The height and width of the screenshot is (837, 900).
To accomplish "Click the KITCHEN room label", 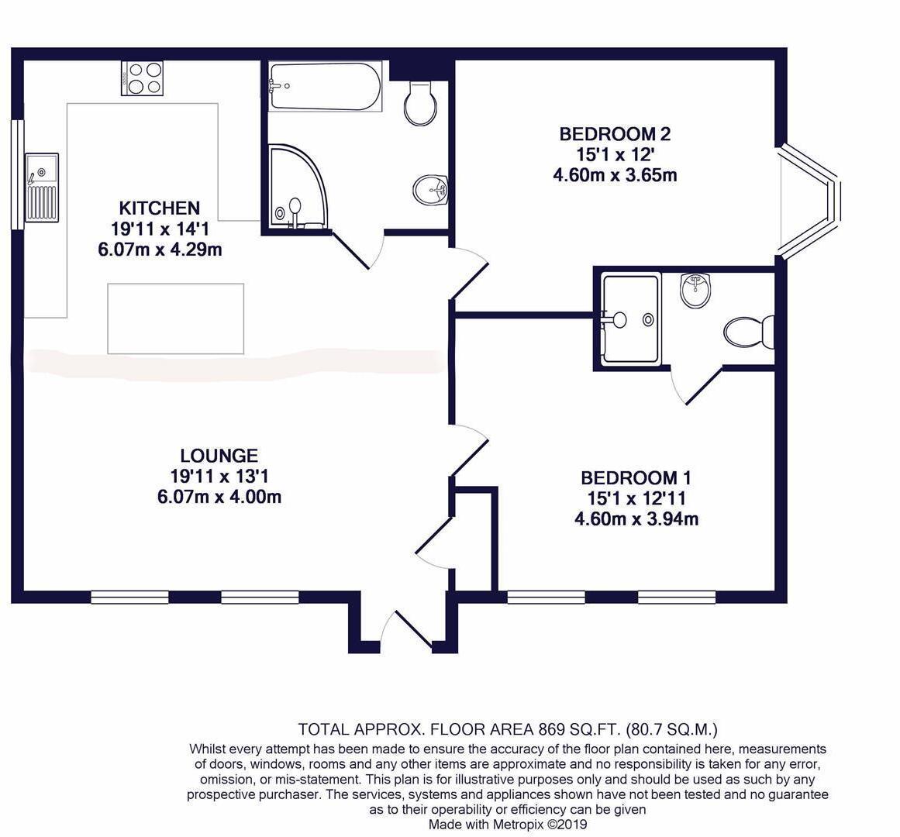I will pyautogui.click(x=159, y=208).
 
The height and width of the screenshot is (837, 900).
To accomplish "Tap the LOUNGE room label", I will pyautogui.click(x=219, y=456).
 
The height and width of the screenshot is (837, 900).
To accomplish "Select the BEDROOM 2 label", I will pyautogui.click(x=615, y=134).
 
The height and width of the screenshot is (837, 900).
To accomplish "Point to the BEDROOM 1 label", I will pyautogui.click(x=636, y=477).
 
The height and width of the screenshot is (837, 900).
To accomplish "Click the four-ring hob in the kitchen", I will pyautogui.click(x=143, y=77).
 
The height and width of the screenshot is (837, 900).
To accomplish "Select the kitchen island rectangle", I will pyautogui.click(x=175, y=319).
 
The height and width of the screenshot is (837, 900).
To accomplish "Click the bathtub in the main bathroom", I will pyautogui.click(x=325, y=87).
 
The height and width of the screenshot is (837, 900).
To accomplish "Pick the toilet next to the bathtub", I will pyautogui.click(x=421, y=102).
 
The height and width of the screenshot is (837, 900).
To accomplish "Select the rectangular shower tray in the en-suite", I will pyautogui.click(x=632, y=318).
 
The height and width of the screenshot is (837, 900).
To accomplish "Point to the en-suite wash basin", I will pyautogui.click(x=696, y=291).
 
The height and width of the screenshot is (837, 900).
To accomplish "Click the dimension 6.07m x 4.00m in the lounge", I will pyautogui.click(x=219, y=497).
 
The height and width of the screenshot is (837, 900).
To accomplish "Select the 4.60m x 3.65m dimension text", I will pyautogui.click(x=615, y=175).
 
